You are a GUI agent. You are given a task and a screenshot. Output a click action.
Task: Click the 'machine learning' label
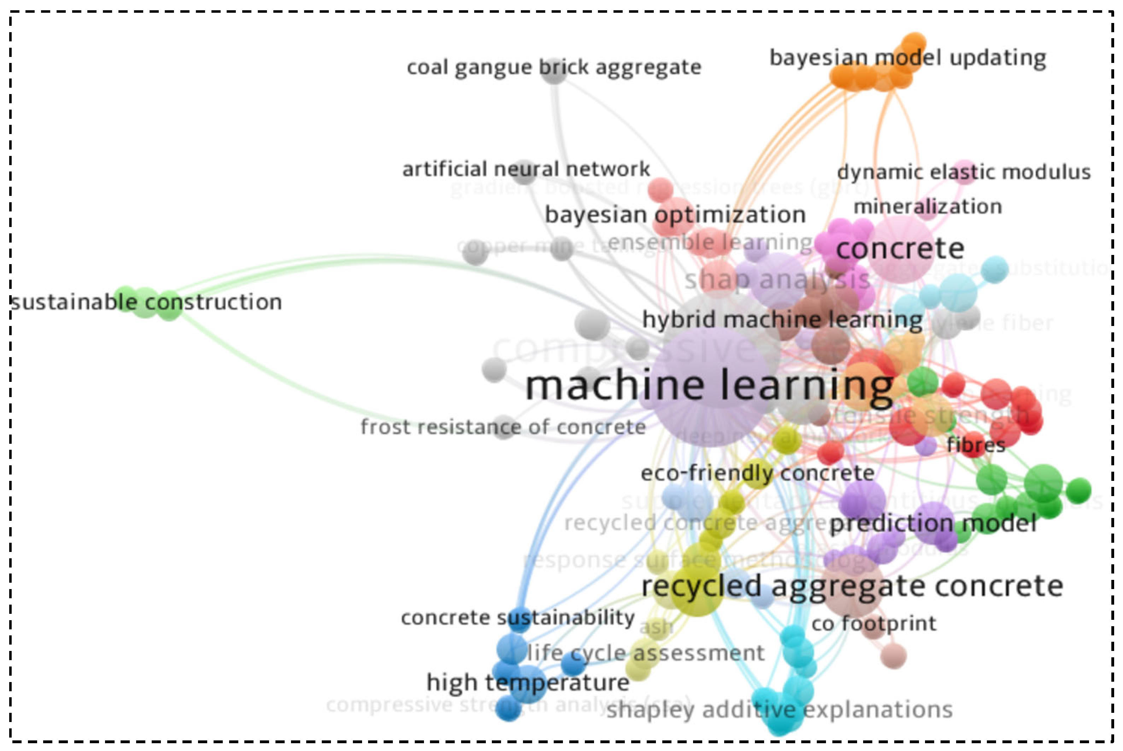point(709,386)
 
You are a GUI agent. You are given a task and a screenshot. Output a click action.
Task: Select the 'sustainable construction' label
point(146,302)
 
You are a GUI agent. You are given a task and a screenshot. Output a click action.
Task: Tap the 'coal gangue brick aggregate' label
point(554,68)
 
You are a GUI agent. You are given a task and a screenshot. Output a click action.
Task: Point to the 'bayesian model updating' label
point(908,58)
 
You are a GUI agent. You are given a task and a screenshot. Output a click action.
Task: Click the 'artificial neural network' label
point(526,169)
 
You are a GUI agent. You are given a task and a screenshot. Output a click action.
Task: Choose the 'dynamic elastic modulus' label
point(964,172)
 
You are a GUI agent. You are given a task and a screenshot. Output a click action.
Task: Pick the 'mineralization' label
point(927,207)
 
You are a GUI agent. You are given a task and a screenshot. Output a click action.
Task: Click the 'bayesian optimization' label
point(675,215)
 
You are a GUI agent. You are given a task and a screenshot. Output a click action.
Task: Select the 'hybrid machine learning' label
point(782,320)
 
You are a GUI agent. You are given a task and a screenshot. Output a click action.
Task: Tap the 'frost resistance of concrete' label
point(503,427)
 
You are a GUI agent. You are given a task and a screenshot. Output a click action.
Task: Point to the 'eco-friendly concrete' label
point(758,473)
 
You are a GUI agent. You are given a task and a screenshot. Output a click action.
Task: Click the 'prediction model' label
point(933,523)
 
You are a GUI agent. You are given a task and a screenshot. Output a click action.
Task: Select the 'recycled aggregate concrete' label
point(852,586)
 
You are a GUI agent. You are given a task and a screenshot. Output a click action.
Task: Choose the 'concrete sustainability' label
point(518,618)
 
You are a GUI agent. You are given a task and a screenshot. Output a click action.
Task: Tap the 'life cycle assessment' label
point(646,653)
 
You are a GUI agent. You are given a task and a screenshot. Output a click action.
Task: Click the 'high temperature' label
point(528,682)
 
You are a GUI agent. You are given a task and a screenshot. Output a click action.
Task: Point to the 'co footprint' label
point(873,624)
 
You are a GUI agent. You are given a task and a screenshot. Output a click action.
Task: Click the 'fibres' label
point(976,445)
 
